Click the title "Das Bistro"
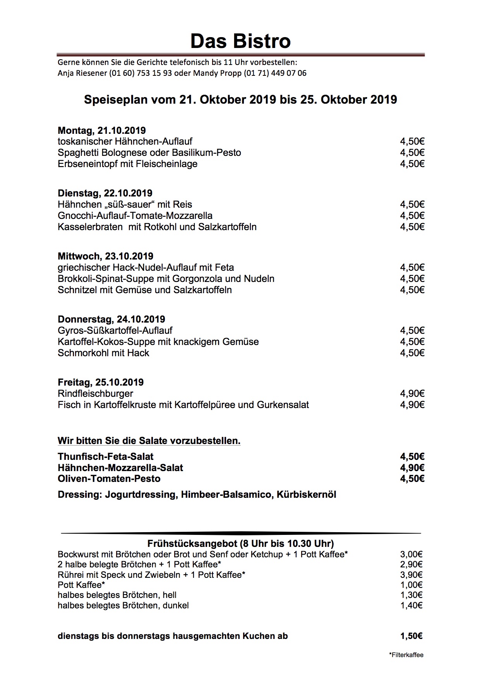tap(240, 41)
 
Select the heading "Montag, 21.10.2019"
tap(102, 130)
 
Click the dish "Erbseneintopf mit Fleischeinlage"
tap(127, 164)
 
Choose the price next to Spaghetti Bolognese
tap(412, 152)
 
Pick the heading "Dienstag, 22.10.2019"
tap(105, 193)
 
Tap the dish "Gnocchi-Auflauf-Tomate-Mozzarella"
tap(135, 215)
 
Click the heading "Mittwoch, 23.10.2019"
tap(105, 256)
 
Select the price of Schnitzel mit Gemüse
tap(412, 290)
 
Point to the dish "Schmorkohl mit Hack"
tap(103, 353)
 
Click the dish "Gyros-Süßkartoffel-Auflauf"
tap(115, 330)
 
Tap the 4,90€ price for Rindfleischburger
tap(412, 393)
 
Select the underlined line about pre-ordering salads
tap(149, 441)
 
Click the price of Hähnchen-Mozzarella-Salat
tap(412, 468)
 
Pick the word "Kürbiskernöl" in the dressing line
tap(306, 494)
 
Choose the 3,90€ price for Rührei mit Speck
tap(411, 575)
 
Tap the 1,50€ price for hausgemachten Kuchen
tap(411, 636)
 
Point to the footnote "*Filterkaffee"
tap(406, 655)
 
